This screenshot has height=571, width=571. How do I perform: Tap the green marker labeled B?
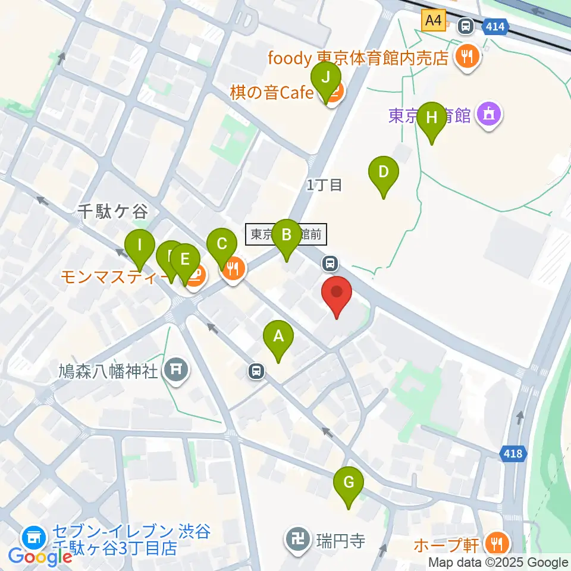point(286,236)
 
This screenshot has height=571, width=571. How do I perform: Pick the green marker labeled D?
point(384,173)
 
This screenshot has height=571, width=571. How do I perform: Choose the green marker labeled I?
point(140,246)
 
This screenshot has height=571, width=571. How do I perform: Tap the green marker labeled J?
point(325,79)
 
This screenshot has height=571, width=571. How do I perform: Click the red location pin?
point(337,293)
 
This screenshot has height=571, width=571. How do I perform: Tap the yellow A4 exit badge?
point(434,21)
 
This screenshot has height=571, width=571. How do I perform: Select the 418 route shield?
point(513,454)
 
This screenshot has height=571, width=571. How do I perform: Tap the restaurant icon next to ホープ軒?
point(495,543)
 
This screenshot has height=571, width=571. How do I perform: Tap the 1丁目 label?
point(325,185)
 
